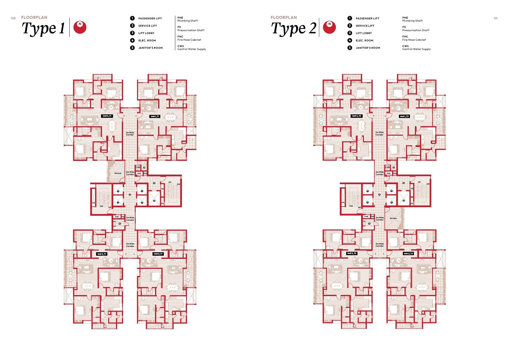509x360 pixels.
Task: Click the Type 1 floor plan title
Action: click(43, 28)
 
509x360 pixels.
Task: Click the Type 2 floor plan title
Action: click(293, 28)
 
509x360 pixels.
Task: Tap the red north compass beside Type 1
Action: click(80, 27)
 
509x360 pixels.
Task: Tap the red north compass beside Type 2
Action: click(329, 27)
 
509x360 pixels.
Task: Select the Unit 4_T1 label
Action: click(107, 116)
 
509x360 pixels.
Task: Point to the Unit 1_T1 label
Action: click(155, 116)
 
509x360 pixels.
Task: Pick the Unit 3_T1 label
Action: click(102, 254)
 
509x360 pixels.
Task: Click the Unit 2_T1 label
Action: click(158, 254)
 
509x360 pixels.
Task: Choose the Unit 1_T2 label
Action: click(404, 116)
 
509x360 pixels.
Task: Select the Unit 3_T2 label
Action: click(352, 253)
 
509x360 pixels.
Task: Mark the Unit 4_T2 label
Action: click(357, 116)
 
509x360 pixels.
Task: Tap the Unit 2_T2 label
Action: click(408, 253)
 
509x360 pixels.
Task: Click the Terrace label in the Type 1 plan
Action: click(118, 173)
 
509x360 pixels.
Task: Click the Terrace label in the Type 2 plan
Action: click(393, 218)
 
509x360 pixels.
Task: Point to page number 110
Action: click(13, 18)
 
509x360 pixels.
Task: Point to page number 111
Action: click(495, 18)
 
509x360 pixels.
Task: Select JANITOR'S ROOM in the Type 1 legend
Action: click(150, 48)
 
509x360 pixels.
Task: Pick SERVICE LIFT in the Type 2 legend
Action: click(365, 26)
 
